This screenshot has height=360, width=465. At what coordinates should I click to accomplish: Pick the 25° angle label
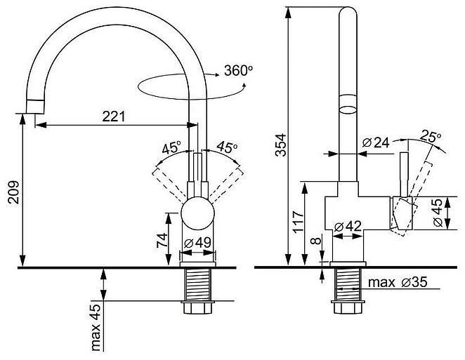click(430, 136)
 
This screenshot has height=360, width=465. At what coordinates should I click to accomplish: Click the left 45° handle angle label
click(171, 149)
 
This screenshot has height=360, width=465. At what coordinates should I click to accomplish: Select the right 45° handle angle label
click(226, 148)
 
